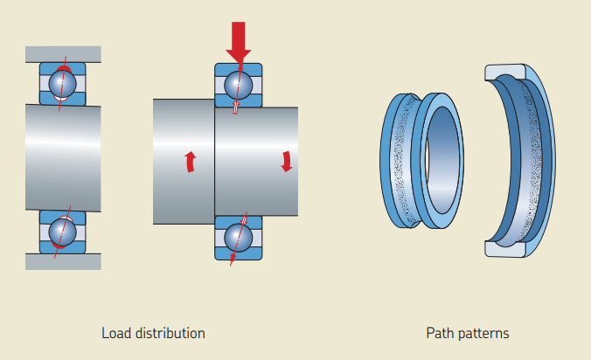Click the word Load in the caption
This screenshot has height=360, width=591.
[x=115, y=333]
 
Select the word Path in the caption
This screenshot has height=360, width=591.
[x=441, y=333]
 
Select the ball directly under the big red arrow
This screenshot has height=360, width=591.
[x=239, y=85]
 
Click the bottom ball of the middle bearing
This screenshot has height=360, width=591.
[x=239, y=237]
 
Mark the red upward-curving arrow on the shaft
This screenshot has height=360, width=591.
[x=190, y=162]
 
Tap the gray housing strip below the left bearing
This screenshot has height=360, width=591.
[x=62, y=260]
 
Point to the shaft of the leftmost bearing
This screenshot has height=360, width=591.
[x=62, y=157]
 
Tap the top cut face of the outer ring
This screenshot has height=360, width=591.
[x=504, y=71]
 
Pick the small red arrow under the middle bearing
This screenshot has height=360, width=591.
[x=233, y=258]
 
